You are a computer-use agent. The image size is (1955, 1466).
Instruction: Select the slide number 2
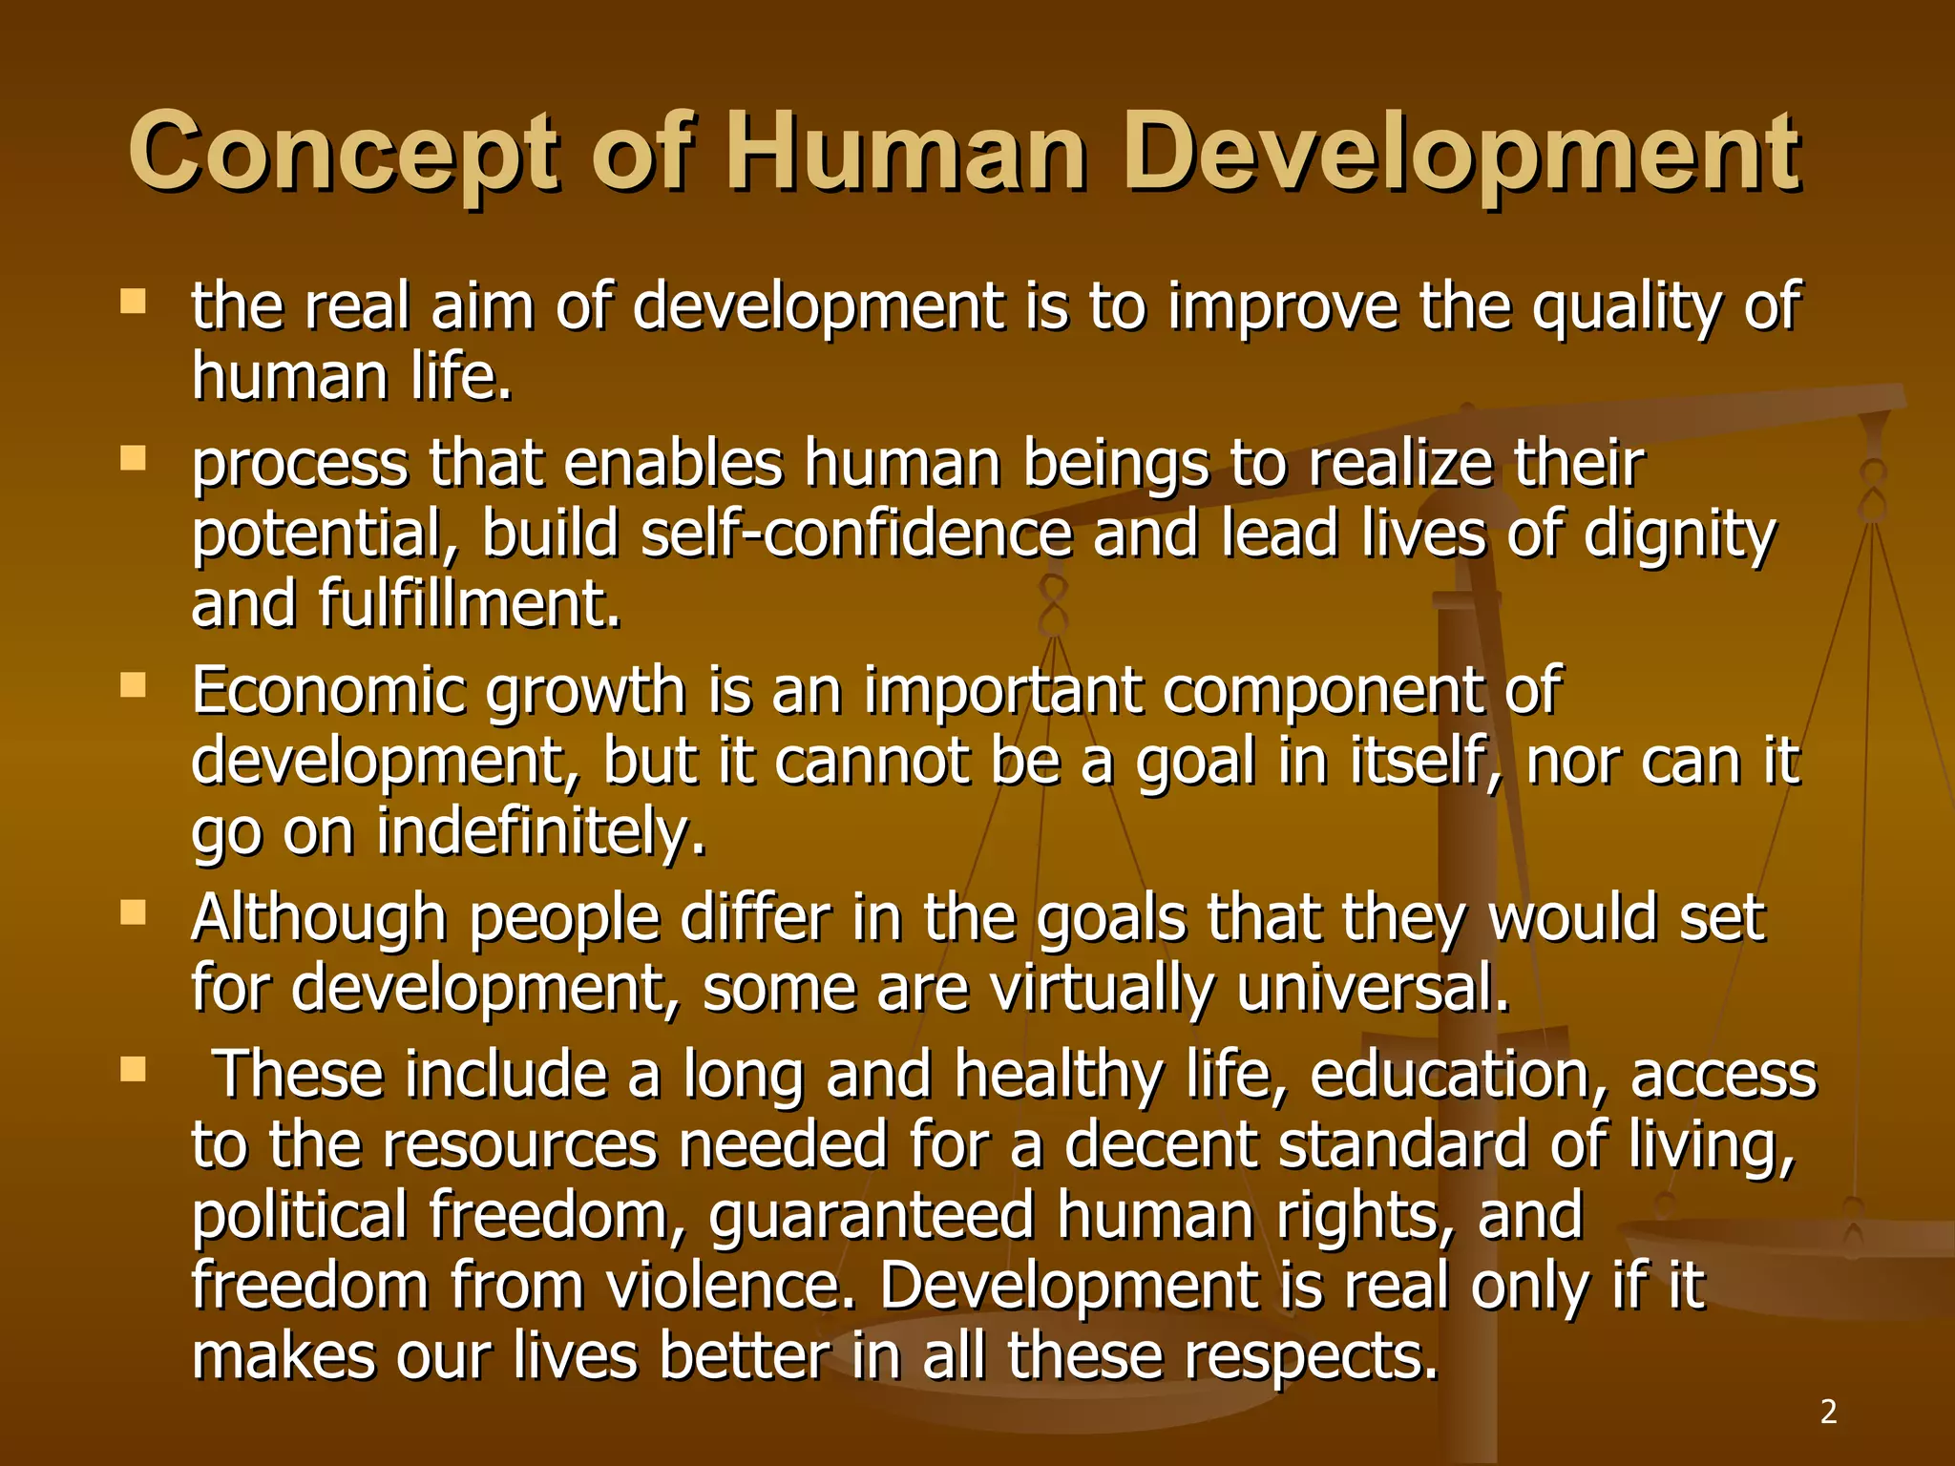point(1828,1412)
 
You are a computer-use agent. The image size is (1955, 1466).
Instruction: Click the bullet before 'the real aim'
point(134,304)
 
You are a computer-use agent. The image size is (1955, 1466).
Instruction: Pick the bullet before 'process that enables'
point(134,460)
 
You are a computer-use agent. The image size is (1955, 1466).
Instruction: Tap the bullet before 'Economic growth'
point(134,686)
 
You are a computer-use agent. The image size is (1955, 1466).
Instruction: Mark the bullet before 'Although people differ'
point(134,913)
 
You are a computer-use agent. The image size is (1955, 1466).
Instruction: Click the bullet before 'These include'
point(134,1070)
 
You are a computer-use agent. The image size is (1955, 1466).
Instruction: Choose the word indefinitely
point(540,830)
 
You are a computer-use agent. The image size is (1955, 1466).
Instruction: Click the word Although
point(319,918)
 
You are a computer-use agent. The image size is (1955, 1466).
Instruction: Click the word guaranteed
point(872,1217)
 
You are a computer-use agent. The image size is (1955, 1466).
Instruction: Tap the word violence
point(731,1286)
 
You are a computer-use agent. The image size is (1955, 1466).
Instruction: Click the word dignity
point(1679,534)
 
